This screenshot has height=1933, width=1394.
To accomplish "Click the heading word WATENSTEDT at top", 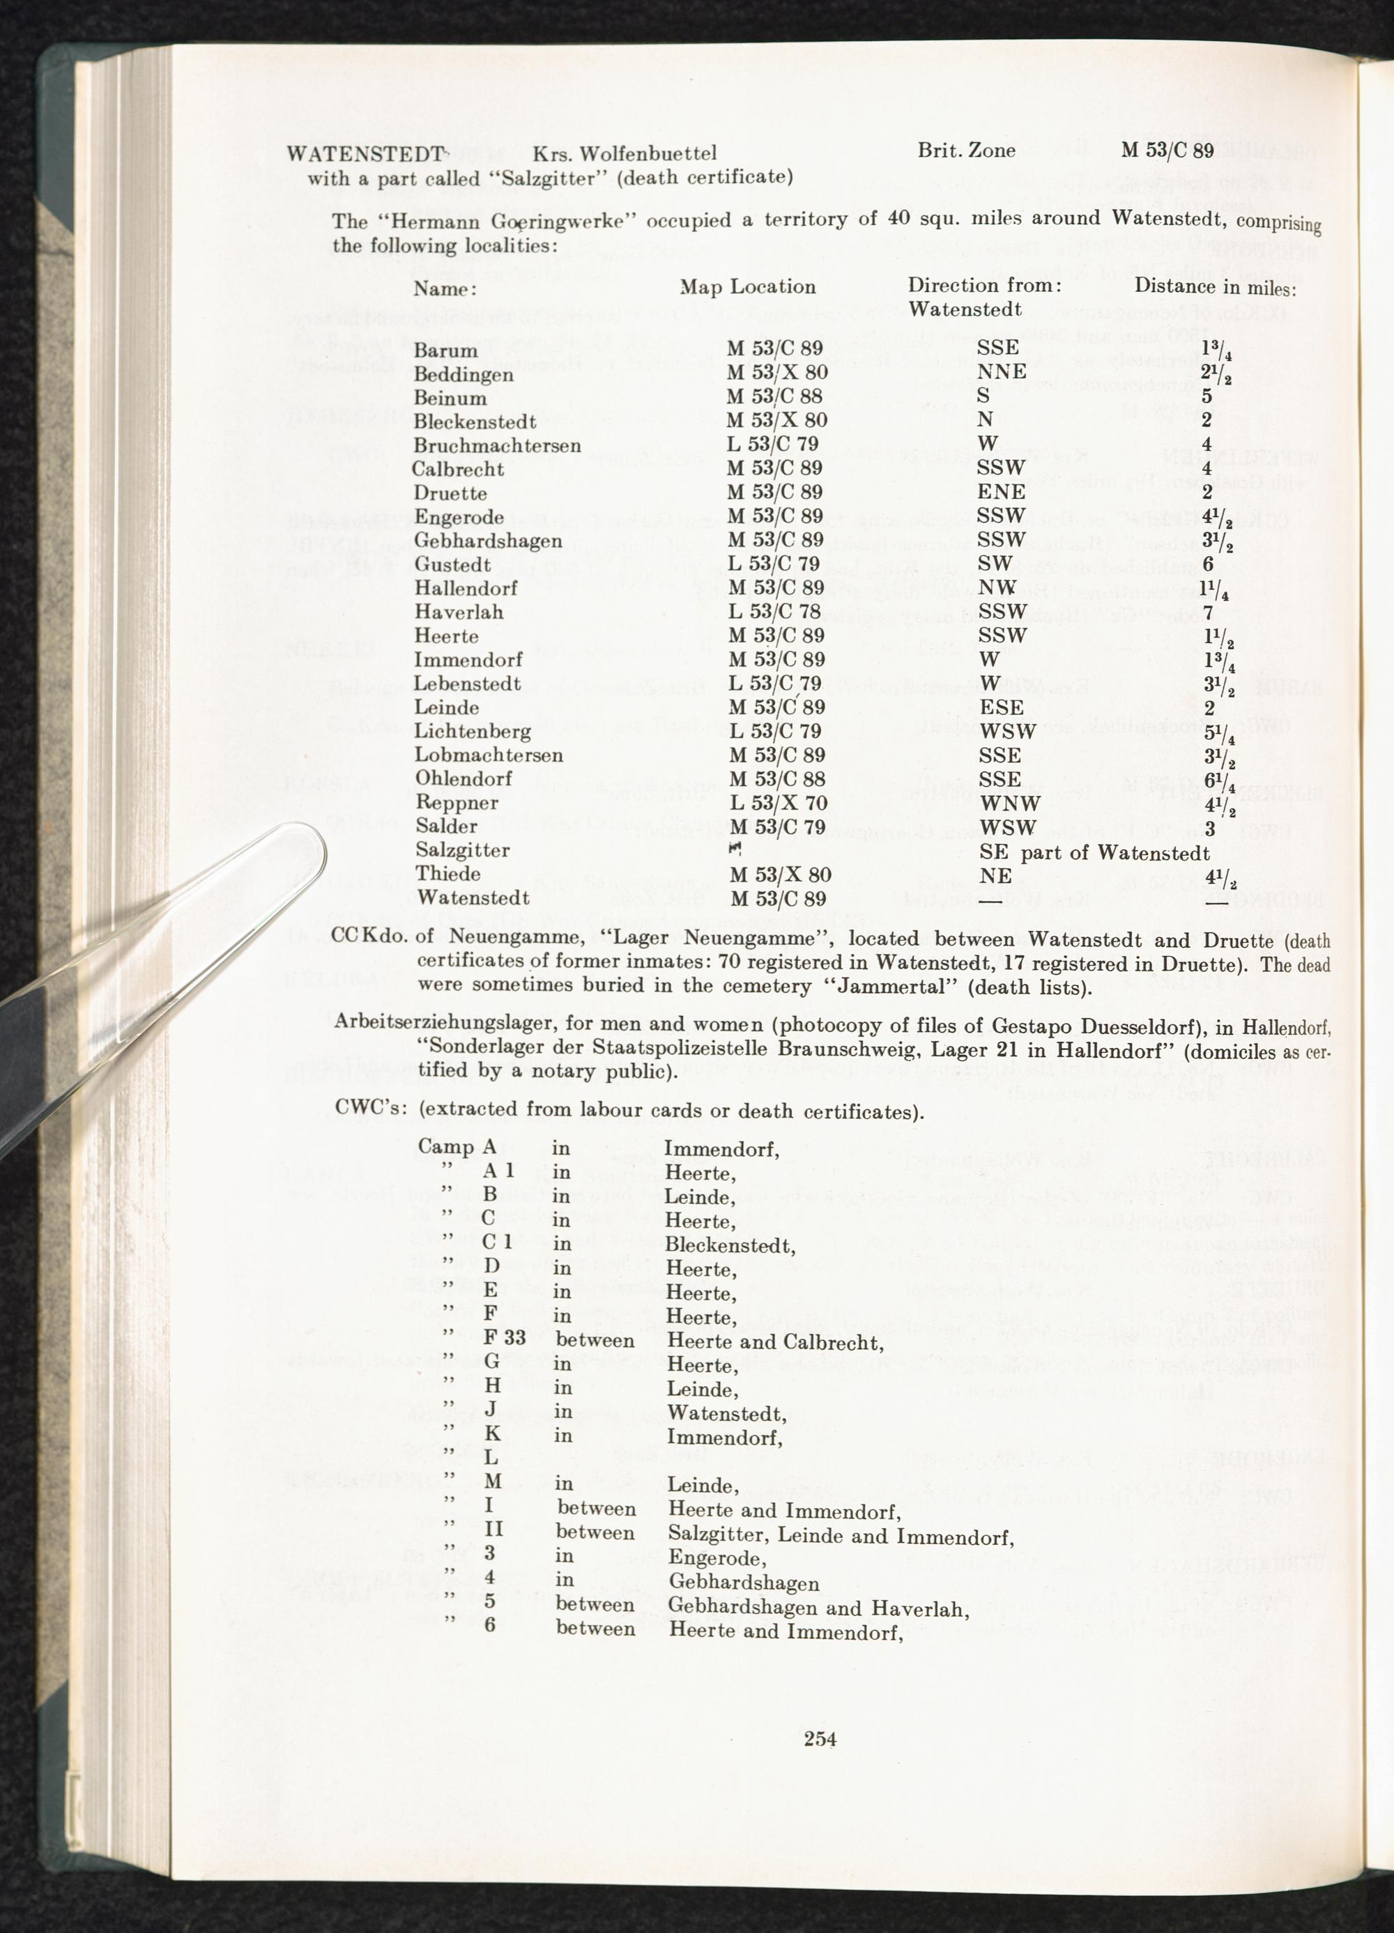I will pyautogui.click(x=365, y=154).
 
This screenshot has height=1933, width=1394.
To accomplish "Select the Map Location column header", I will pyautogui.click(x=747, y=287).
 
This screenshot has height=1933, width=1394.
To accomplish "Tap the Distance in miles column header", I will pyautogui.click(x=1215, y=287).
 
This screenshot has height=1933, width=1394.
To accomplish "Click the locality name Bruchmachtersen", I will pyautogui.click(x=497, y=446).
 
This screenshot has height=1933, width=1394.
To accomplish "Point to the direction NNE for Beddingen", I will pyautogui.click(x=1001, y=372).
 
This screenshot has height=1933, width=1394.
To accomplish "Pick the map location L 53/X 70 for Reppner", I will pyautogui.click(x=778, y=803).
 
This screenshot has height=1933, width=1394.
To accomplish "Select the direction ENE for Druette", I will pyautogui.click(x=1000, y=493).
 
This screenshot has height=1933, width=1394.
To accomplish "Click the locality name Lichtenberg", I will pyautogui.click(x=473, y=731).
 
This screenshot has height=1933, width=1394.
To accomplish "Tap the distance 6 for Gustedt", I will pyautogui.click(x=1208, y=564).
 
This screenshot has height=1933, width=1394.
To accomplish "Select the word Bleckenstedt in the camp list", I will pyautogui.click(x=730, y=1246).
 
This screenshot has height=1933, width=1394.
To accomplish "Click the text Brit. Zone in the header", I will pyautogui.click(x=966, y=151).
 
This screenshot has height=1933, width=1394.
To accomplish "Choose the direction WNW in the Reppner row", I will pyautogui.click(x=1009, y=803).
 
